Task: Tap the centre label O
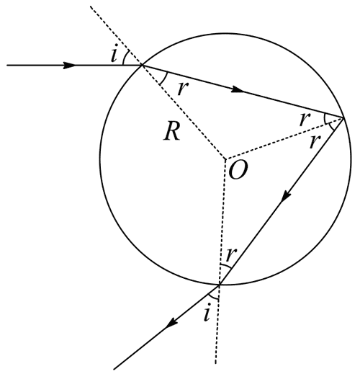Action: (238, 170)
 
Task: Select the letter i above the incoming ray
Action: (114, 53)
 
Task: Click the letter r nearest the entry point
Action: (183, 88)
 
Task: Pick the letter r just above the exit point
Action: (231, 254)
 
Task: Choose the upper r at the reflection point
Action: (305, 119)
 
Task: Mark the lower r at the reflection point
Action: (315, 141)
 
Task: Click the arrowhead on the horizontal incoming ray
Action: (69, 65)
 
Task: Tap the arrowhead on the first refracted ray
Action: (238, 89)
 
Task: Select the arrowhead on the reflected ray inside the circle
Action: (287, 196)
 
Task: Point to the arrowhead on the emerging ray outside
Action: (172, 322)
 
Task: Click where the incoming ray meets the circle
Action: (143, 65)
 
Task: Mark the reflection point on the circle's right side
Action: (343, 117)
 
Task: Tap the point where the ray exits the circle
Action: (220, 285)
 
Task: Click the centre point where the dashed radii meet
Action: (225, 159)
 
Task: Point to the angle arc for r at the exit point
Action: (225, 265)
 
